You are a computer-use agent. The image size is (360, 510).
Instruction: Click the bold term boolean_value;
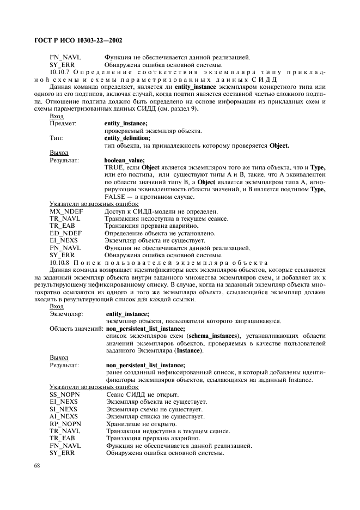pyautogui.click(x=125, y=160)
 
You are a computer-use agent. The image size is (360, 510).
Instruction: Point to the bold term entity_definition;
pyautogui.click(x=127, y=138)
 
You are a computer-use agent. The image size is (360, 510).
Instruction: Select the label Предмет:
pyautogui.click(x=63, y=124)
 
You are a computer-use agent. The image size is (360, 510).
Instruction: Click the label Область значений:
pyautogui.click(x=76, y=329)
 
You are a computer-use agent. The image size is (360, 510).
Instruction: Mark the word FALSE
pyautogui.click(x=114, y=197)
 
